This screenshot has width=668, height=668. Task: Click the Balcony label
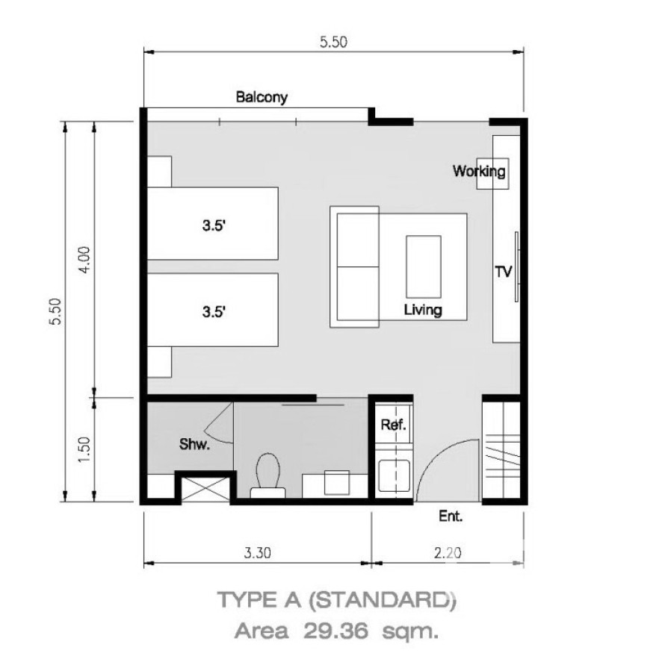click(x=262, y=97)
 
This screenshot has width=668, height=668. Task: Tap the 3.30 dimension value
click(x=257, y=553)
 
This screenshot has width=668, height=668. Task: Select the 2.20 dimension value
click(x=448, y=553)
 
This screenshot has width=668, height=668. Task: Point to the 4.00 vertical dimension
click(x=84, y=260)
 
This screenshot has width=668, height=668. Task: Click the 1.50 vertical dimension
click(x=84, y=450)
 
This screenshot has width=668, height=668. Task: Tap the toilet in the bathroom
click(x=268, y=475)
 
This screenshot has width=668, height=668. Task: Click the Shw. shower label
click(x=194, y=444)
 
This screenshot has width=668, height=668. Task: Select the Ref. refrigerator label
click(x=393, y=425)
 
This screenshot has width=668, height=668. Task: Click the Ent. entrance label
click(x=451, y=516)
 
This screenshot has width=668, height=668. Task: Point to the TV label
click(x=504, y=272)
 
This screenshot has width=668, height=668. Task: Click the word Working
click(x=479, y=171)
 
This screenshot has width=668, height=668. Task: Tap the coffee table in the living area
click(x=424, y=266)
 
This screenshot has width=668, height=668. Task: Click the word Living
click(x=423, y=310)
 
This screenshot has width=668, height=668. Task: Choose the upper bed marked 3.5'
click(x=213, y=223)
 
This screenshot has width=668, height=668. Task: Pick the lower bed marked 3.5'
click(x=213, y=310)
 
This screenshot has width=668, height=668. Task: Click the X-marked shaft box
click(x=205, y=489)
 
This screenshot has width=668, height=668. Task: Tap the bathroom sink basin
click(x=337, y=482)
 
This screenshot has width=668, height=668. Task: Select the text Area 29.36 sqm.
click(x=336, y=631)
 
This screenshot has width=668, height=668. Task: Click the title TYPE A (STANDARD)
click(x=337, y=600)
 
